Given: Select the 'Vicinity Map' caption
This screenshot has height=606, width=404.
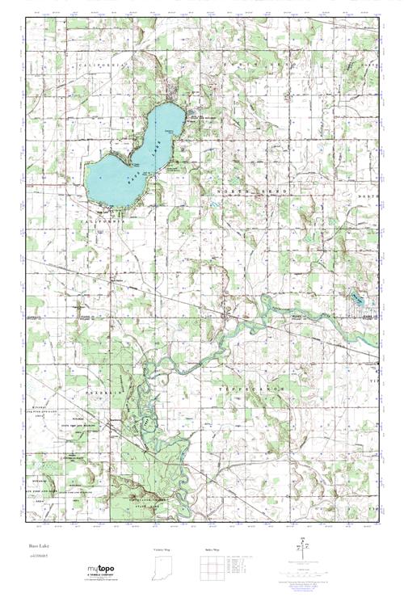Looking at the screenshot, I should coord(162,549).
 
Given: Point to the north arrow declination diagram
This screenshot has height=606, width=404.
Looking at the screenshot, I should coord(303,546).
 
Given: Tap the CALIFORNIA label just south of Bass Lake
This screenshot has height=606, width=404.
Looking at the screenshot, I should coord(107,218).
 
